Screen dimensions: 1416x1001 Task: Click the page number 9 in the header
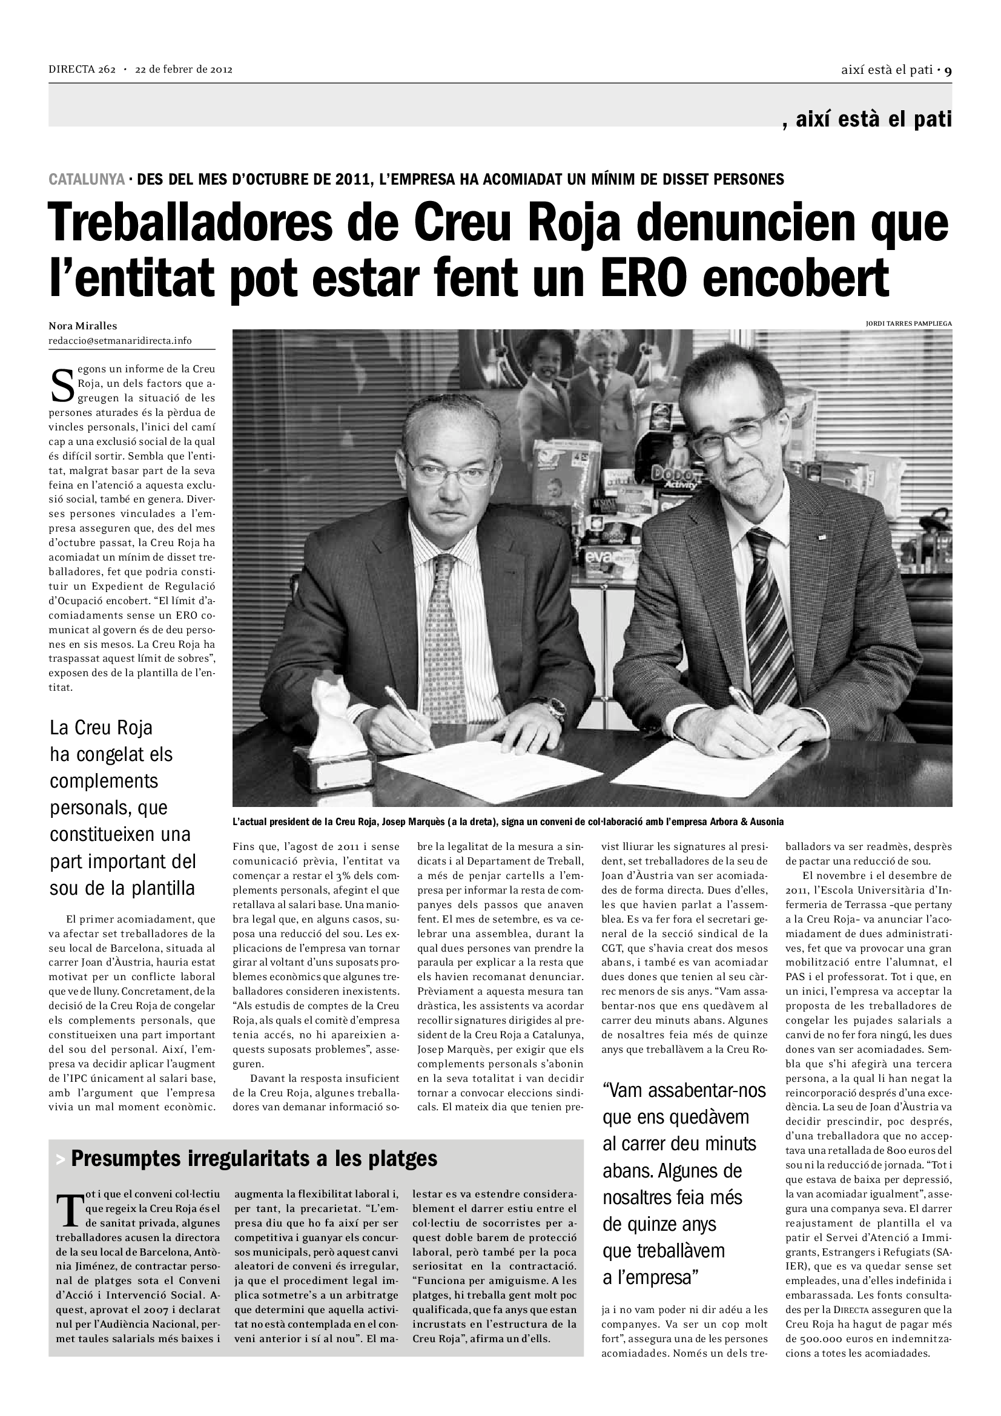pyautogui.click(x=948, y=70)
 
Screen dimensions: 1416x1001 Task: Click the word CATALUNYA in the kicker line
pyautogui.click(x=87, y=179)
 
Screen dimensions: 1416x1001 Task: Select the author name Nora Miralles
pyautogui.click(x=82, y=326)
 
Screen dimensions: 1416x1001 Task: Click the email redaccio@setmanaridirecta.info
pyautogui.click(x=121, y=340)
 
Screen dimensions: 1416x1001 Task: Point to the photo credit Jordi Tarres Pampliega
pyautogui.click(x=908, y=323)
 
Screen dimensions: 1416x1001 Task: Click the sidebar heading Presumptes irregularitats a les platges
pyautogui.click(x=254, y=1159)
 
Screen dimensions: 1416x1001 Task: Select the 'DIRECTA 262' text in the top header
pyautogui.click(x=82, y=70)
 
